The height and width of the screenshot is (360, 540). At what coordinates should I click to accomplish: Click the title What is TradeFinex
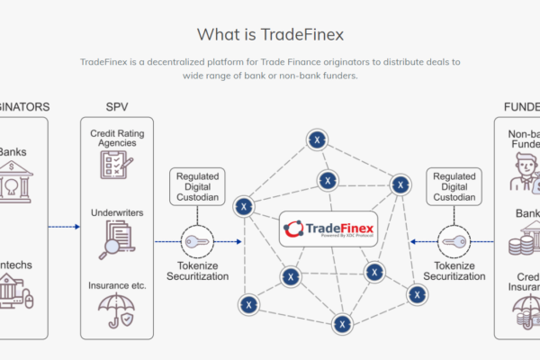click(x=269, y=34)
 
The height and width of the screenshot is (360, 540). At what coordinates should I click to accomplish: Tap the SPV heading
click(x=116, y=106)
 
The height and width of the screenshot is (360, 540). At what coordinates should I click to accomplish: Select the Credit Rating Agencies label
click(x=116, y=139)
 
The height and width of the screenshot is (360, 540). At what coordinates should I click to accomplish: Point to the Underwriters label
click(x=116, y=213)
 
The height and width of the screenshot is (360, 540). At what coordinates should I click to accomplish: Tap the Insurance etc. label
click(x=116, y=285)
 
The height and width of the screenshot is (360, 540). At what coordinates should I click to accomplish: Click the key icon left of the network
click(x=198, y=241)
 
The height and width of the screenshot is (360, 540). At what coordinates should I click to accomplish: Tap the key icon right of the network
click(x=455, y=241)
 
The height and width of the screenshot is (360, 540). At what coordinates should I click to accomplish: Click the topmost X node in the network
click(x=317, y=139)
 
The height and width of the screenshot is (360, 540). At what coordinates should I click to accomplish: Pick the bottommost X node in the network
click(x=341, y=323)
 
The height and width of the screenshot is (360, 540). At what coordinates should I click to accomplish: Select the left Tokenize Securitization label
click(x=198, y=269)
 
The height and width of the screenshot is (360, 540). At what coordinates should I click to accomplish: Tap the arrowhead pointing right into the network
click(x=238, y=241)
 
